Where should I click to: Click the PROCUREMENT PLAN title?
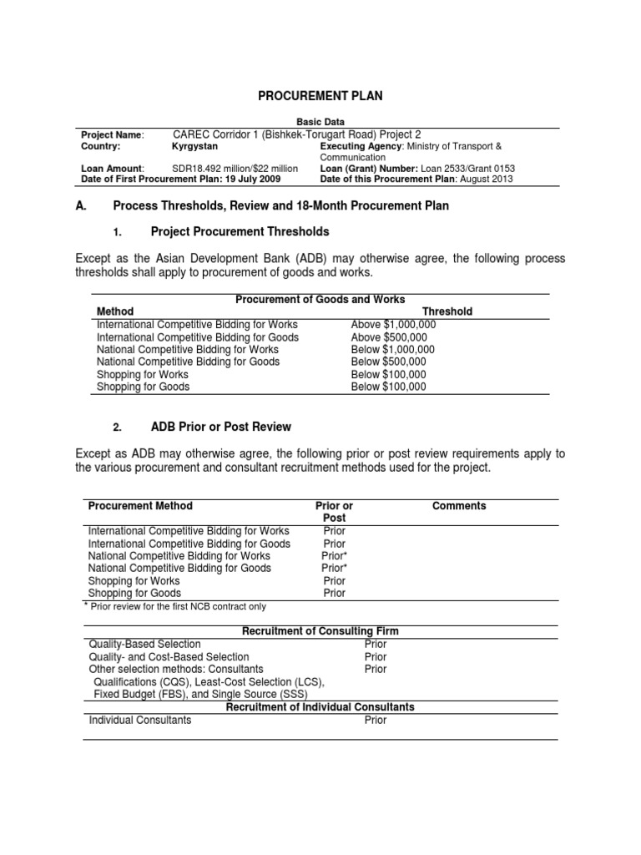pyautogui.click(x=320, y=96)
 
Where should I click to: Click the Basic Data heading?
pyautogui.click(x=320, y=122)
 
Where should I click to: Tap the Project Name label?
pyautogui.click(x=112, y=134)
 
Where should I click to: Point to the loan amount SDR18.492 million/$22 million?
pyautogui.click(x=235, y=168)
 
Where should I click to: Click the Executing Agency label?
pyautogui.click(x=361, y=146)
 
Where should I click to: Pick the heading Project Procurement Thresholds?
pyautogui.click(x=240, y=231)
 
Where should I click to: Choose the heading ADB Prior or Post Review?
pyautogui.click(x=220, y=427)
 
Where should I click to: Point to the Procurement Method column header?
pyautogui.click(x=140, y=506)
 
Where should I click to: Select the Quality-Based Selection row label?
pyautogui.click(x=144, y=644)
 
